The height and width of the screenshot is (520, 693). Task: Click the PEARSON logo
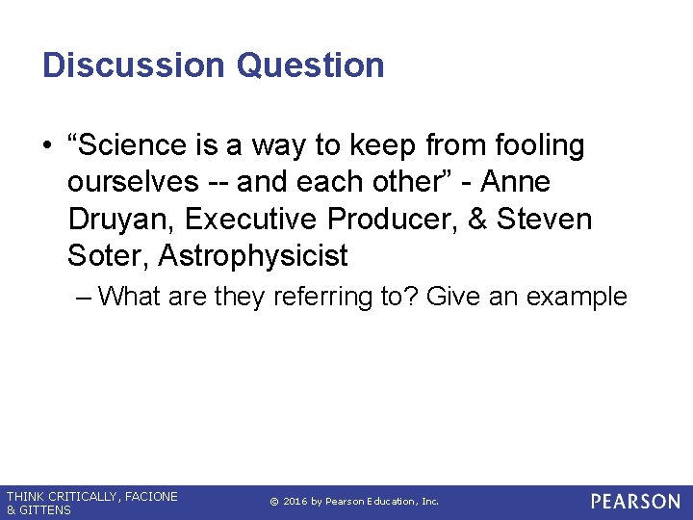pyautogui.click(x=634, y=502)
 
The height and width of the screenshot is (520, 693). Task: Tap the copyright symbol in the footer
pyautogui.click(x=273, y=502)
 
